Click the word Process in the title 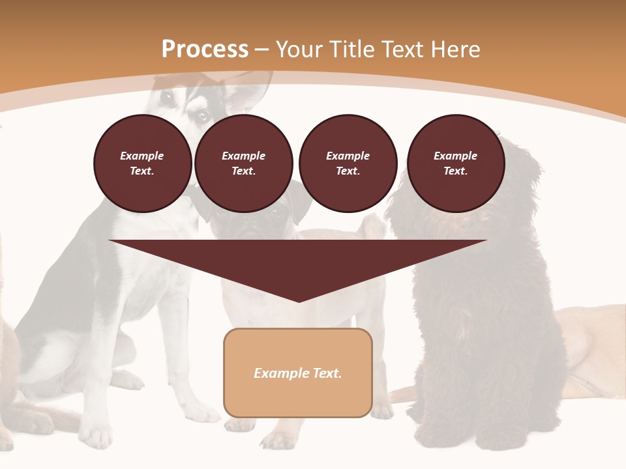[205, 50]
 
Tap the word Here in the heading [455, 50]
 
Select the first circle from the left [143, 163]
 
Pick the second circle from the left [244, 163]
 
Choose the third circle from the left [348, 163]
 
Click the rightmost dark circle [456, 163]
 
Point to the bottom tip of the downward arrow [299, 301]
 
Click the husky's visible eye [203, 116]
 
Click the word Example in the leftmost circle [142, 156]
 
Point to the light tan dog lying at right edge [593, 352]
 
